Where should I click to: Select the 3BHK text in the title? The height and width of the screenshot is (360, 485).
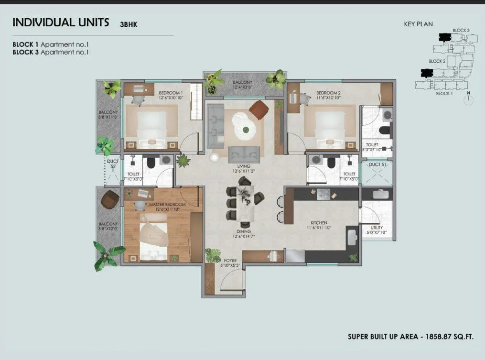[129, 24]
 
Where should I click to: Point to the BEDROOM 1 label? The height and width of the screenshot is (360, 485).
[169, 92]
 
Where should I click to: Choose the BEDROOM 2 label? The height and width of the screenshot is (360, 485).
[328, 92]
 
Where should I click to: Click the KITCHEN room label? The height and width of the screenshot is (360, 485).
[319, 223]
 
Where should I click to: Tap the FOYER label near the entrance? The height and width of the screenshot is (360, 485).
[230, 261]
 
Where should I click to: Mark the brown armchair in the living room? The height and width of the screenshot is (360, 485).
[259, 109]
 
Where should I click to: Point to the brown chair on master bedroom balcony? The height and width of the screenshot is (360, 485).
[110, 199]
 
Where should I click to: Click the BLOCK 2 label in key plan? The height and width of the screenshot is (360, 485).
[437, 61]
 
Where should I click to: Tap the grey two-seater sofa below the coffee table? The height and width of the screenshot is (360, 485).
[244, 153]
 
